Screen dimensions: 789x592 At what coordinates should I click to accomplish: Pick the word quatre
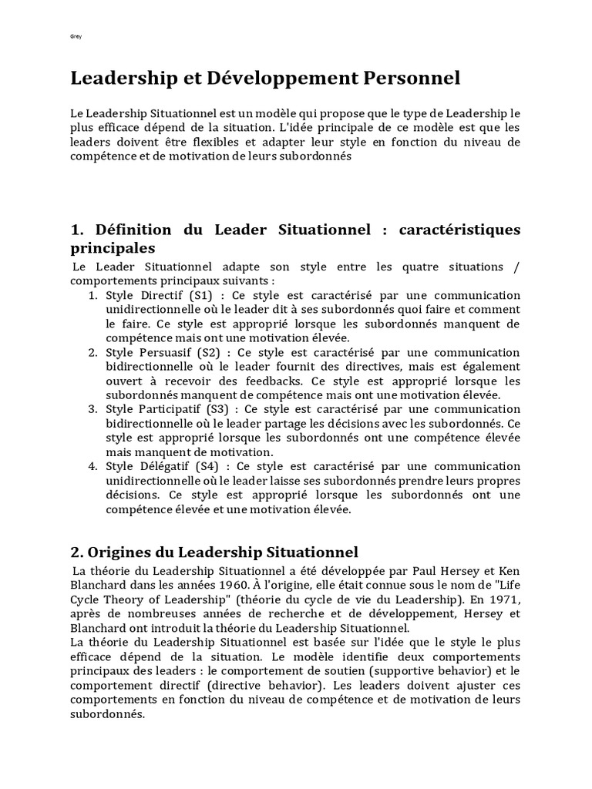(x=437, y=267)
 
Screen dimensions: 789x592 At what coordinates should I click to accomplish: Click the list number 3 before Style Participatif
(x=92, y=409)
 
